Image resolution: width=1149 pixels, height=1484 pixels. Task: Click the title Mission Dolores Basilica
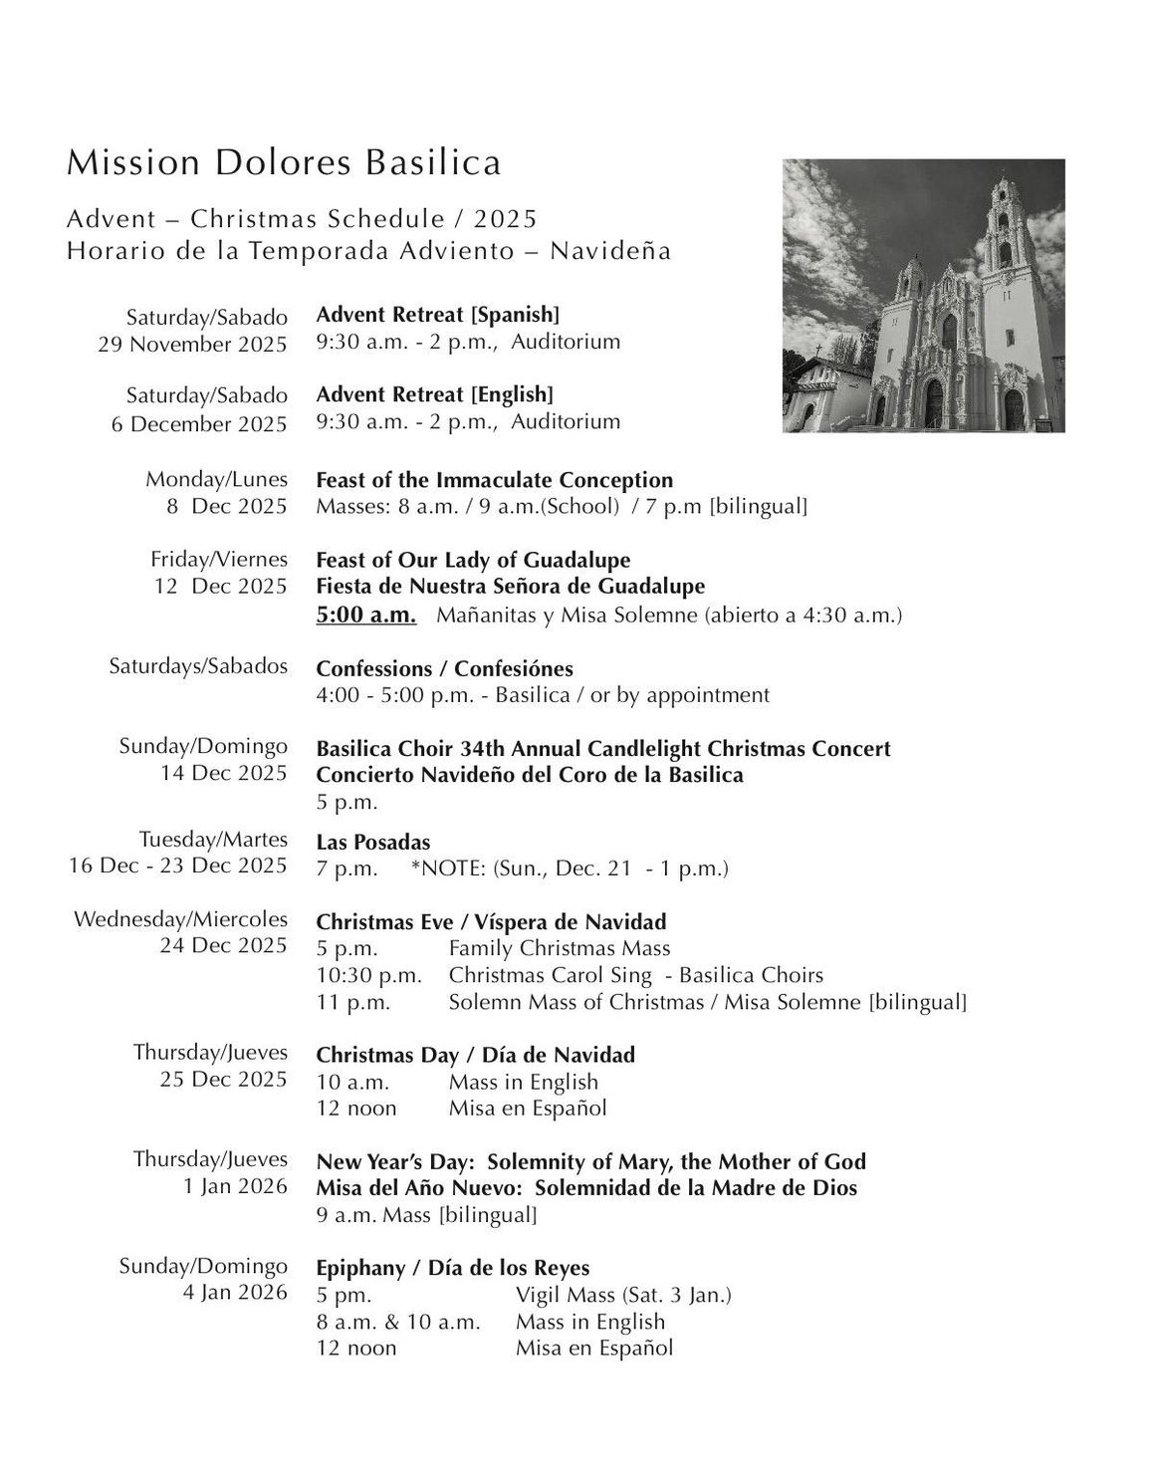tap(284, 162)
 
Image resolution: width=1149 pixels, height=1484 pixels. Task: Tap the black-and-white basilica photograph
tap(923, 296)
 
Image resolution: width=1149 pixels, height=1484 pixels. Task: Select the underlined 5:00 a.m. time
tap(365, 615)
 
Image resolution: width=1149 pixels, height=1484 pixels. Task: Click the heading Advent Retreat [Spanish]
tap(437, 315)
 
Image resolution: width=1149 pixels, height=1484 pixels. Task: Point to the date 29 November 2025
tap(192, 345)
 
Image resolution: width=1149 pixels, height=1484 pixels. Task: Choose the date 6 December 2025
tap(199, 423)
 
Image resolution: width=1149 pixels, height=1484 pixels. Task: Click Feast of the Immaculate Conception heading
tap(494, 480)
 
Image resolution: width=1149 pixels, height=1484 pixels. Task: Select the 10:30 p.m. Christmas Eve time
tap(368, 975)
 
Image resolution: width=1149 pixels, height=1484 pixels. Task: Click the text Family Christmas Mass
tap(560, 948)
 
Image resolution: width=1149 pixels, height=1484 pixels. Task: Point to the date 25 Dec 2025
tap(223, 1079)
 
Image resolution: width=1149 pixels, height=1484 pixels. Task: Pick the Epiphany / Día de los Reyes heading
tap(453, 1268)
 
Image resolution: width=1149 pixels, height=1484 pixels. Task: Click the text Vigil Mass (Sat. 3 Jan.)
tap(623, 1295)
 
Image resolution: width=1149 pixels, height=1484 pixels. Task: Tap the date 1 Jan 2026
tap(236, 1186)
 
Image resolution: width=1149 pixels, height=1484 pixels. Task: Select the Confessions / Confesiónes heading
tap(444, 668)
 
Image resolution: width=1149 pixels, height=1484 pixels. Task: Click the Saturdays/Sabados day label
tap(198, 665)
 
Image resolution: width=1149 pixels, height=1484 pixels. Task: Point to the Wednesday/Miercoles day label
tap(180, 918)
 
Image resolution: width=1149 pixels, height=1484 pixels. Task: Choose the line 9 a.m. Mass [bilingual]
tap(426, 1214)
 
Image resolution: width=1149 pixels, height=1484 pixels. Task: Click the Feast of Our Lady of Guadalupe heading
tap(473, 560)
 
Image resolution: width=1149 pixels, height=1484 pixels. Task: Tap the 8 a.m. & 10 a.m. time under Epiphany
tap(398, 1322)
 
